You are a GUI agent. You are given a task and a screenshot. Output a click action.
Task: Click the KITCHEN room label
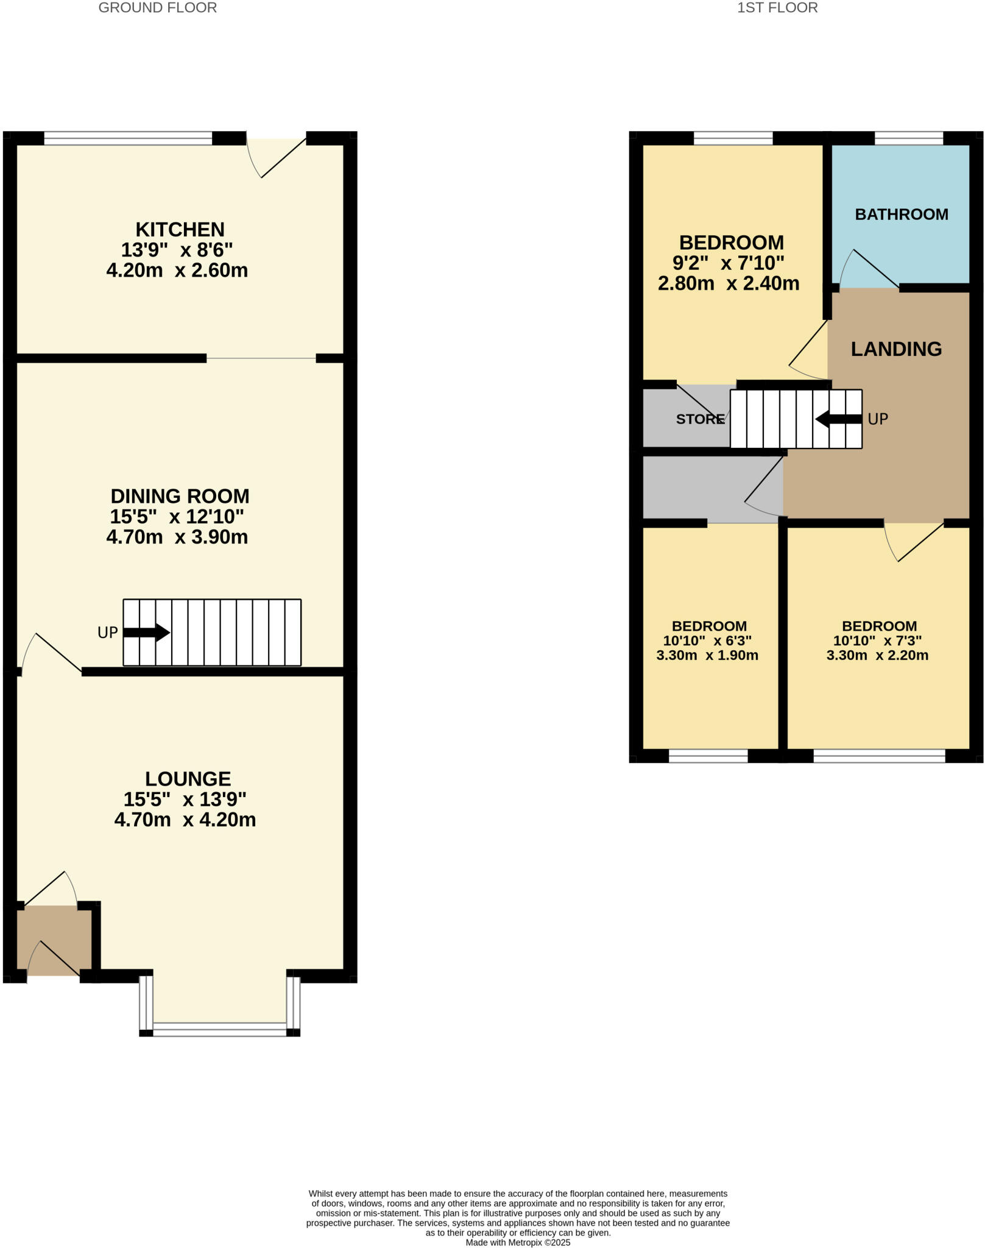coord(180,230)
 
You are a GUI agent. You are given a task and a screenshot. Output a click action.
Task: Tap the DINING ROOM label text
coord(180,496)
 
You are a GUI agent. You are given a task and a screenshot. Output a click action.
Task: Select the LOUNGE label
coord(188,779)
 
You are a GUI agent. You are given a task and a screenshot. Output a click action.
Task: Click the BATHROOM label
coord(901,214)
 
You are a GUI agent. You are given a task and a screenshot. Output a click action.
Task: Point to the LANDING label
coord(896,349)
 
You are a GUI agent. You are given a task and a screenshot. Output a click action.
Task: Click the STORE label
coord(700,419)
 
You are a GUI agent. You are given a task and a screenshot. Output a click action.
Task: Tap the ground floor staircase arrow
coord(146,633)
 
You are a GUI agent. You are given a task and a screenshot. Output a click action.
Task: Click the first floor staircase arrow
coord(839,419)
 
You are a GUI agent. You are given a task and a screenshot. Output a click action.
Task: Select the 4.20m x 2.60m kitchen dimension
coord(177,271)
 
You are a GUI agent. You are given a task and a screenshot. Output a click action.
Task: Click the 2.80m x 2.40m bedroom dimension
coord(729,284)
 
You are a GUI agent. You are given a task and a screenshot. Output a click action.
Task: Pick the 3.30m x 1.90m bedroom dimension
coord(707,656)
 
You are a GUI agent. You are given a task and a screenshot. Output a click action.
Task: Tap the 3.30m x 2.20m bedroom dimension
coord(877,656)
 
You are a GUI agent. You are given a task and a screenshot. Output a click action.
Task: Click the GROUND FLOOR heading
coord(157,8)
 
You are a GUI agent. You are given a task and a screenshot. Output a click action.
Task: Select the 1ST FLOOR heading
coord(777,8)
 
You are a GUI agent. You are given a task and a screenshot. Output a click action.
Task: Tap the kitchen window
coord(128,139)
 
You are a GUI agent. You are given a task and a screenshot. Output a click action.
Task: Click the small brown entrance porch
coord(54,940)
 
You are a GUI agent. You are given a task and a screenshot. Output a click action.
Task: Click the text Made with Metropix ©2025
coord(518,1242)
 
